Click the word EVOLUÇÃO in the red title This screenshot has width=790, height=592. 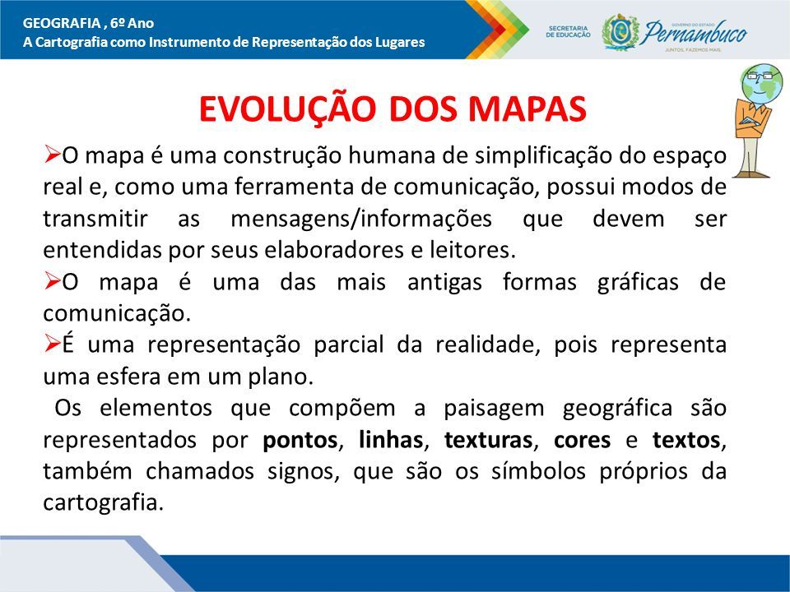[288, 108]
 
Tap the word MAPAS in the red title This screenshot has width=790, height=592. [527, 109]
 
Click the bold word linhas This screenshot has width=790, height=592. [390, 439]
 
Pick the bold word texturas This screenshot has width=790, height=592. [488, 440]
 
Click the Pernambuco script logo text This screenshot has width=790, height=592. [695, 33]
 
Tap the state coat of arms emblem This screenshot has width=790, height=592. [620, 32]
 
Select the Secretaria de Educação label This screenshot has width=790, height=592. [568, 32]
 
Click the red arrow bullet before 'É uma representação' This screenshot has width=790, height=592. [52, 344]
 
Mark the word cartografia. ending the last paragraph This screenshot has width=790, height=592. [104, 503]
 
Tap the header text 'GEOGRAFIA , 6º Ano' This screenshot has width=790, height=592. [89, 23]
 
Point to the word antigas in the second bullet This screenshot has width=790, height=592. [444, 283]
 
